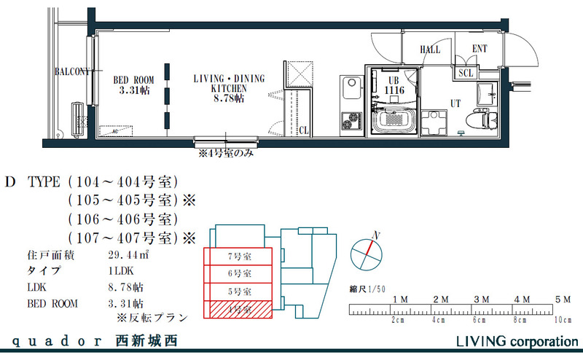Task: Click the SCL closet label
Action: pyautogui.click(x=465, y=73)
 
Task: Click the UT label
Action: pyautogui.click(x=455, y=103)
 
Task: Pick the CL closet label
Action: pyautogui.click(x=303, y=130)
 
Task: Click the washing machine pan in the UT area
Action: pyautogui.click(x=437, y=121)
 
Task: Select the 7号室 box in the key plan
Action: pyautogui.click(x=238, y=257)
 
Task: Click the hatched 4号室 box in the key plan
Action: pyautogui.click(x=238, y=310)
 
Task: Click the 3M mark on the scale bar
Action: pyautogui.click(x=481, y=300)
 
